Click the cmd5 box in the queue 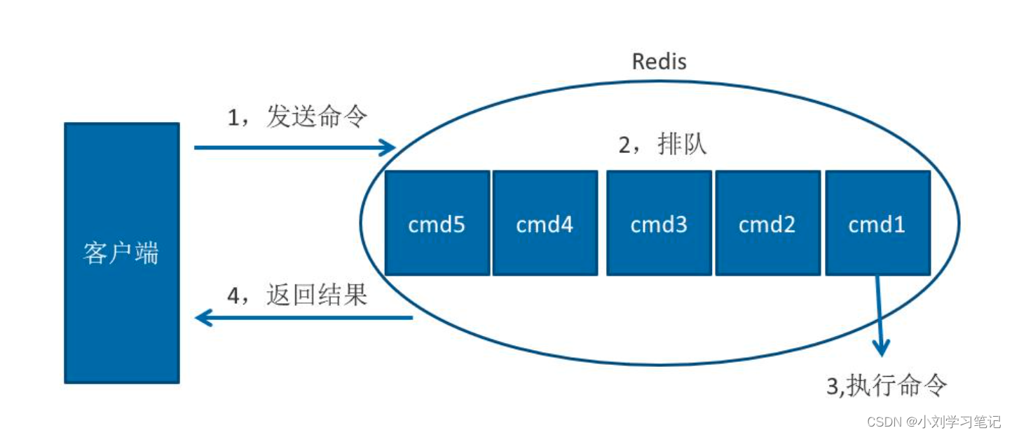point(437,223)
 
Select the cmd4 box point(545,223)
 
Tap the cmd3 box point(659,223)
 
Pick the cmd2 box point(767,223)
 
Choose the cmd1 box point(877,223)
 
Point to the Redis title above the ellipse point(659,62)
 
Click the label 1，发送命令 point(297,117)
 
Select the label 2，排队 point(662,145)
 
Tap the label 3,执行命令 point(887,385)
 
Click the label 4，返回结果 point(297,295)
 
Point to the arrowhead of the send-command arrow point(389,147)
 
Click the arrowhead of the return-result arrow point(203,319)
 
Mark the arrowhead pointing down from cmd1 point(882,347)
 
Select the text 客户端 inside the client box point(121,253)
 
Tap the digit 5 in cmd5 point(458,225)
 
